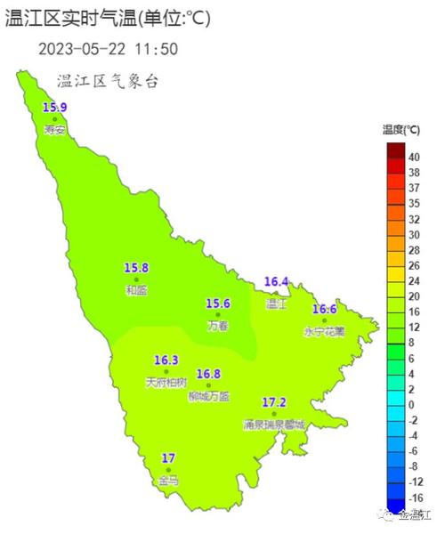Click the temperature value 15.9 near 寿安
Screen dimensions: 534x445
pos(54,108)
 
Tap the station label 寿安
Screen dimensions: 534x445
pos(54,130)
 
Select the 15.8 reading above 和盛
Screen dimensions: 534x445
pos(136,268)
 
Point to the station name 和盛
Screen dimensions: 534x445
pos(136,290)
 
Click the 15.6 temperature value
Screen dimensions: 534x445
pos(218,303)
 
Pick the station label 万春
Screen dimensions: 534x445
pos(218,326)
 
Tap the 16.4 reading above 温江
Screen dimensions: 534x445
pos(277,282)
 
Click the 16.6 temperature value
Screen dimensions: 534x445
pos(325,310)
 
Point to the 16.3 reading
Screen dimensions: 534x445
pos(166,360)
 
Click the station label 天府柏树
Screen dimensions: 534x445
pos(166,383)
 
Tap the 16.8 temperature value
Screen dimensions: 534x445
pos(209,374)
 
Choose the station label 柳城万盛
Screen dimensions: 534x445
pos(209,396)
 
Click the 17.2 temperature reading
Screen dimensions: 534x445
pos(274,403)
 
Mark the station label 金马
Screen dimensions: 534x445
pos(168,481)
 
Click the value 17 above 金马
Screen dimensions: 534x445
pos(168,458)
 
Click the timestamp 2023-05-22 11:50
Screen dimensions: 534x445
pos(108,49)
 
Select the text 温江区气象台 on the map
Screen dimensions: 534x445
pos(108,81)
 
